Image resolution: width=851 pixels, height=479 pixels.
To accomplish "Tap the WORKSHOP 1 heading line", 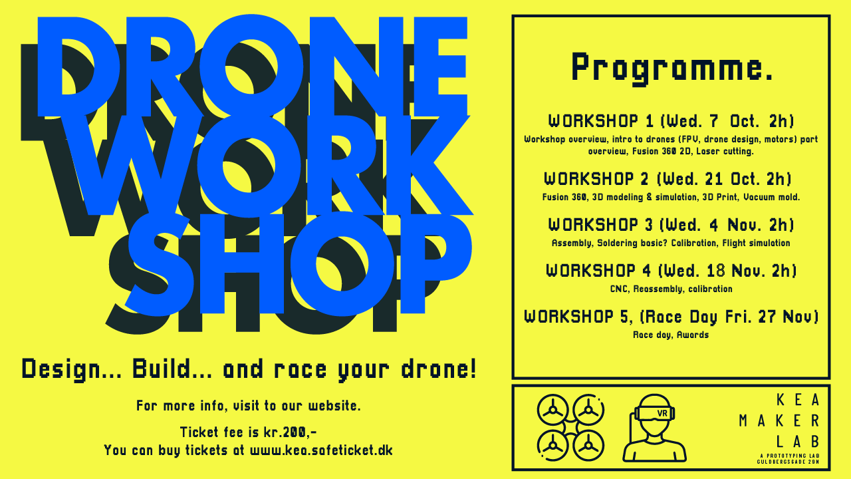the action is [x=671, y=121].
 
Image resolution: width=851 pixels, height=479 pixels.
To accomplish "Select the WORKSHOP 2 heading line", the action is [x=668, y=179].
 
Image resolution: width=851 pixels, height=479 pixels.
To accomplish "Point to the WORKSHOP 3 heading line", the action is [x=671, y=225].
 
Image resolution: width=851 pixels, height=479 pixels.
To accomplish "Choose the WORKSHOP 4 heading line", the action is [x=671, y=271].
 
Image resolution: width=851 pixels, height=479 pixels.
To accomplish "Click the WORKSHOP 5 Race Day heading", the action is [x=671, y=317].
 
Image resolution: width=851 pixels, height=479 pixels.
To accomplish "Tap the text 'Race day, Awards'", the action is [x=671, y=335].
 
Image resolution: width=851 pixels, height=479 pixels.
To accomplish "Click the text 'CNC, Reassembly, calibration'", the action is [x=671, y=289].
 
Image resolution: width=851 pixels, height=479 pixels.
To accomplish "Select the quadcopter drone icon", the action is [x=570, y=427].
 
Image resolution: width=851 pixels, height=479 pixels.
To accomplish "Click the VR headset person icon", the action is [x=654, y=428].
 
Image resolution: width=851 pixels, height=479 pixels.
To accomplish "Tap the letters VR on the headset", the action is [x=662, y=413].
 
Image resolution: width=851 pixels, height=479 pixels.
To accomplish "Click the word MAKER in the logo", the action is [x=779, y=421].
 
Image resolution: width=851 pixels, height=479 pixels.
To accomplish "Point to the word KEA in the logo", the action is [x=798, y=400].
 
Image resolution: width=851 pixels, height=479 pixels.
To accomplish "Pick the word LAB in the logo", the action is [x=797, y=442].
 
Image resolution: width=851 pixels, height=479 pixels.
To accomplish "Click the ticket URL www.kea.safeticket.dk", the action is [x=321, y=450].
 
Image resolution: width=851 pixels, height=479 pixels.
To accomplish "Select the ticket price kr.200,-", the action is [x=291, y=432].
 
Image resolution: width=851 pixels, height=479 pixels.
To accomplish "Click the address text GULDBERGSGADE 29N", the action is [x=788, y=462].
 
